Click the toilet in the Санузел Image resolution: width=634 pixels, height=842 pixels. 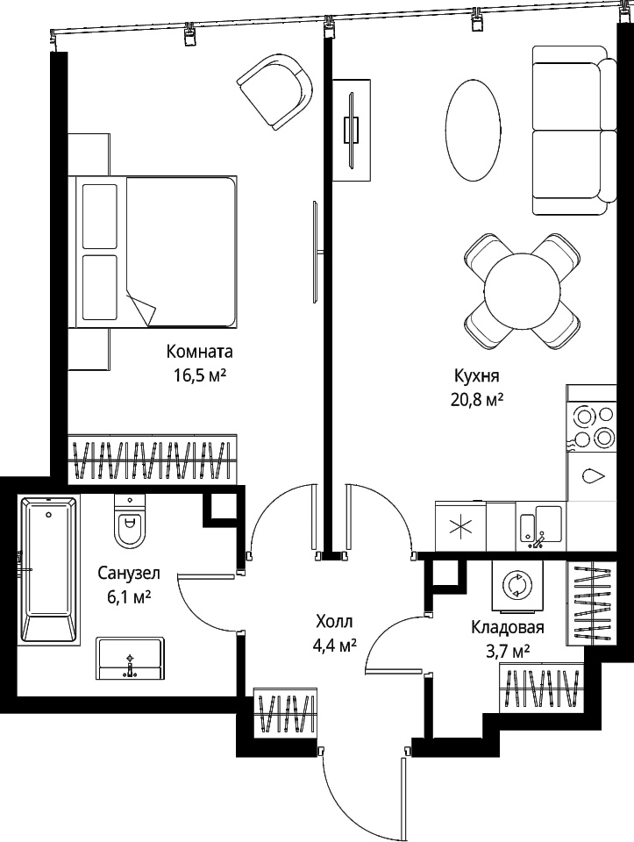coord(130,521)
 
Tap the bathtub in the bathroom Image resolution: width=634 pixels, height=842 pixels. coord(49,568)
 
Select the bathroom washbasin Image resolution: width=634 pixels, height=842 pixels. coord(131,659)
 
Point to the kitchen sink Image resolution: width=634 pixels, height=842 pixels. coord(540,527)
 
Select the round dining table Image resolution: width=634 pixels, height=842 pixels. coord(522,291)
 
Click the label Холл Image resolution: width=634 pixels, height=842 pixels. coord(334,622)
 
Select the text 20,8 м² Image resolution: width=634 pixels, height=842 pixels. coord(477,400)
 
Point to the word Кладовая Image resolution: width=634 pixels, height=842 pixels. coord(508,628)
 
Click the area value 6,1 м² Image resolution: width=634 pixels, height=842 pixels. coord(129,596)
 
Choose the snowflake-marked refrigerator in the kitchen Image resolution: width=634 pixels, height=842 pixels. coord(461,527)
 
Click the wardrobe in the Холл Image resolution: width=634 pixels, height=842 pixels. coord(284,713)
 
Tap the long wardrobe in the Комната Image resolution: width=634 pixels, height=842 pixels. coord(153,460)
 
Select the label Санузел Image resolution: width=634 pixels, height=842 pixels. coord(129,574)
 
